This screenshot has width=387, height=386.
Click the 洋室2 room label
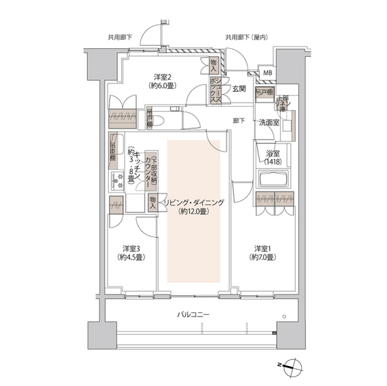coord(160,77)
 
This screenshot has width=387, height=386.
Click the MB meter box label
coord(267,73)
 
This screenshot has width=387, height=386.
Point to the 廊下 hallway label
coord(238,120)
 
